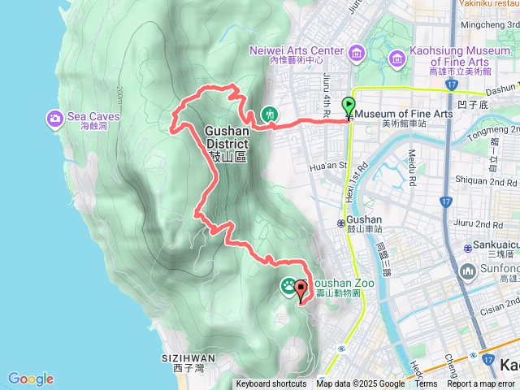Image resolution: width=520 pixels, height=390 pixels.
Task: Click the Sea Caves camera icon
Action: pos(55,119)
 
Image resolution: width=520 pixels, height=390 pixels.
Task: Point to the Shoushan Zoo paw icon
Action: pos(288,285)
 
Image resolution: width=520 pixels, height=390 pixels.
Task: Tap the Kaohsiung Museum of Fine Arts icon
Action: pos(397,57)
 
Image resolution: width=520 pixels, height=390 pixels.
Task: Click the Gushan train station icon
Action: pos(340,223)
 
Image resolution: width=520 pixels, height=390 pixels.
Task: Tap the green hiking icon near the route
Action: pos(269,115)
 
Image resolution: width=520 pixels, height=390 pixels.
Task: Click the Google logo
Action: pos(30,379)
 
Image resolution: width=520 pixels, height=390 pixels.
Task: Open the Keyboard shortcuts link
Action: pos(271,384)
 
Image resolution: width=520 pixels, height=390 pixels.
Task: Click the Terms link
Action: pos(426,384)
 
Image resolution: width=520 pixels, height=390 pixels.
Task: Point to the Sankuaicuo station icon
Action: pos(468,248)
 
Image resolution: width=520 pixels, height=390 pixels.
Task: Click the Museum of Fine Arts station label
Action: pos(404,114)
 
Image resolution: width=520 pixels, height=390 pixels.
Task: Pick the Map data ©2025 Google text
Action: pos(360,384)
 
